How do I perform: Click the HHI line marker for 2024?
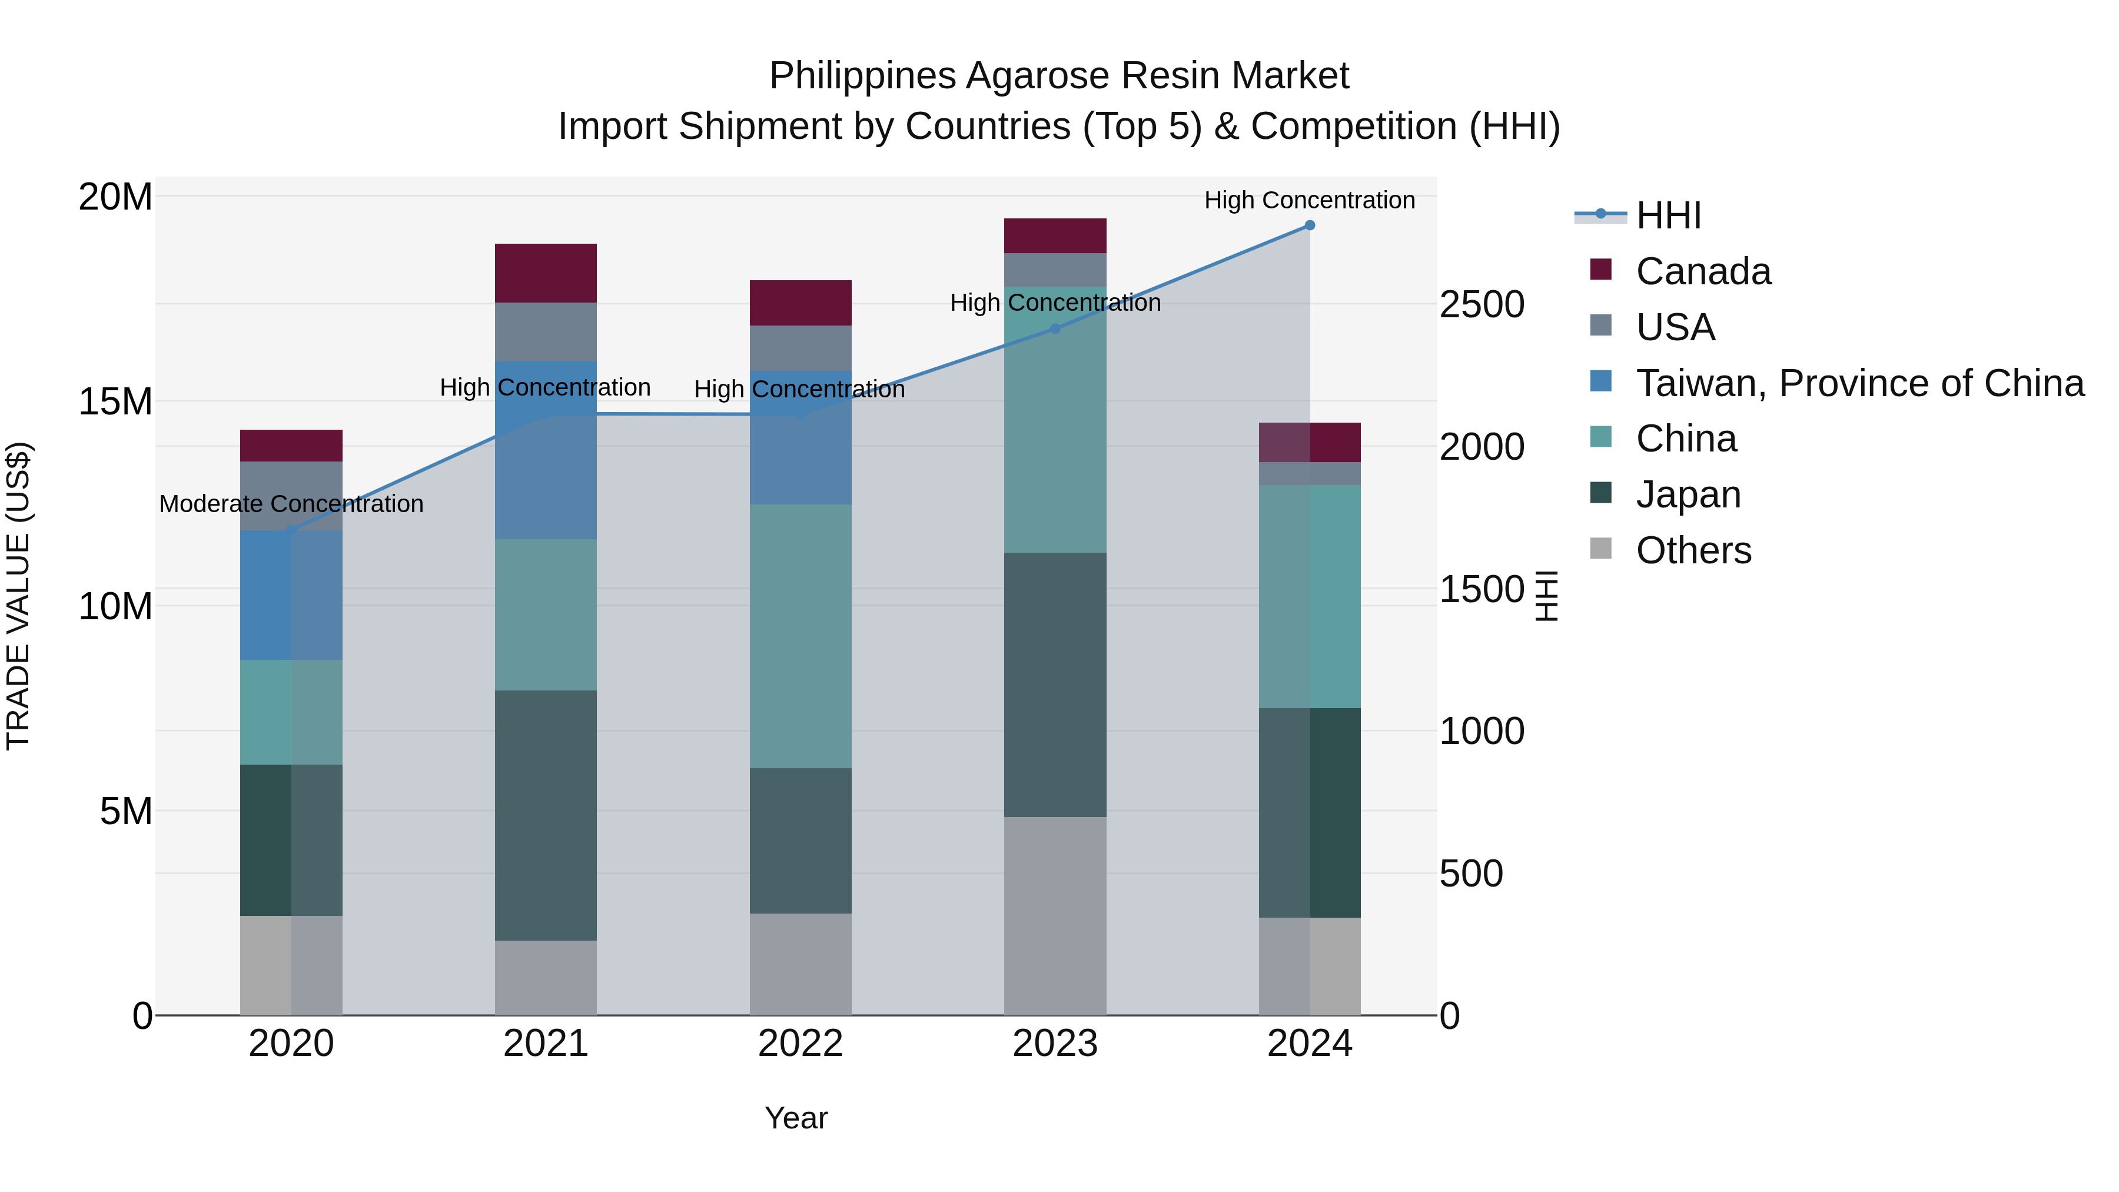[x=1310, y=225]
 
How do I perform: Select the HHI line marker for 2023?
[x=1055, y=328]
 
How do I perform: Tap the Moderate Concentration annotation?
[x=291, y=503]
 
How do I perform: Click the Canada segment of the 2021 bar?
[x=546, y=273]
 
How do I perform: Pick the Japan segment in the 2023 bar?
[x=1055, y=685]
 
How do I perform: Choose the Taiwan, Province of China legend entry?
[x=1859, y=383]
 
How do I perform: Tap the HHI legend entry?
[x=1668, y=215]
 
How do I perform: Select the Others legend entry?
[x=1693, y=550]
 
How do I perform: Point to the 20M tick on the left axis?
[x=116, y=197]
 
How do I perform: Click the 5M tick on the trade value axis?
[x=126, y=812]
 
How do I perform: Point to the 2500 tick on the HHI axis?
[x=1482, y=304]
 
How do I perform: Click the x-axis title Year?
[x=795, y=1118]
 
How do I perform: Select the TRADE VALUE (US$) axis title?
[x=18, y=596]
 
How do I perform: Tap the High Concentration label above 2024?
[x=1310, y=200]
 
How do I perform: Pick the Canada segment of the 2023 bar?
[x=1055, y=236]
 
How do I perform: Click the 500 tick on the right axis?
[x=1471, y=874]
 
